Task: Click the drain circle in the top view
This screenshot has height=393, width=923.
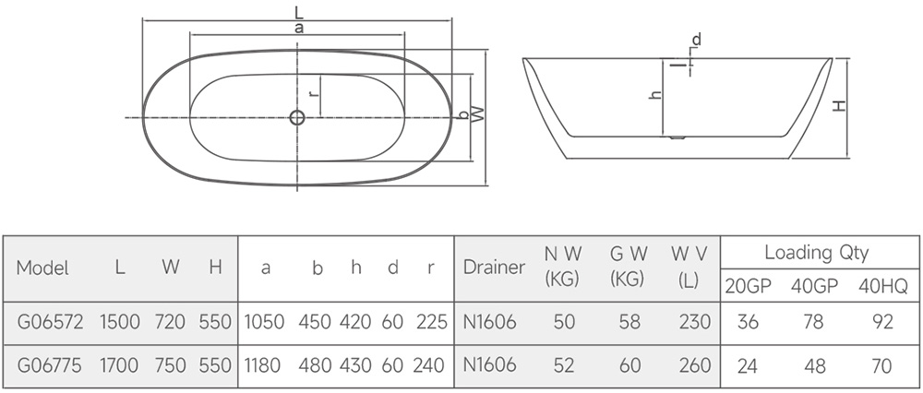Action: (x=297, y=118)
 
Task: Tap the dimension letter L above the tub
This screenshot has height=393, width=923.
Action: (x=301, y=12)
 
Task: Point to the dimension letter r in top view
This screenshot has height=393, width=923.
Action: (x=314, y=93)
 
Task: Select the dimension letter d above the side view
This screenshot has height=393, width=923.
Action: (x=696, y=40)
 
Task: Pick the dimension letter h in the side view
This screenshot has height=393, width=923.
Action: (x=655, y=95)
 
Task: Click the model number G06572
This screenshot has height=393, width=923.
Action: (x=50, y=322)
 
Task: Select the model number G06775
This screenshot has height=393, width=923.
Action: (x=50, y=365)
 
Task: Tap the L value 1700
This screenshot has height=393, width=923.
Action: (x=119, y=365)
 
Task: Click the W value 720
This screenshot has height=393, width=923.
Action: (x=170, y=322)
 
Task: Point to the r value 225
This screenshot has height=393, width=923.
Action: (x=431, y=322)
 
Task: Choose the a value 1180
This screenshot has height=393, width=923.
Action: (x=262, y=365)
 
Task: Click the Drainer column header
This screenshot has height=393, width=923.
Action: (x=494, y=268)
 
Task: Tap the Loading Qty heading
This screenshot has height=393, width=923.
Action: (x=816, y=253)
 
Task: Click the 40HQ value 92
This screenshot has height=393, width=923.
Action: (x=882, y=322)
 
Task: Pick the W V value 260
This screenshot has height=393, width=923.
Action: (x=695, y=365)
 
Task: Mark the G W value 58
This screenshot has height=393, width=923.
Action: (x=629, y=322)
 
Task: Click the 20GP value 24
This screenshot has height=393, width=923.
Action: (x=747, y=365)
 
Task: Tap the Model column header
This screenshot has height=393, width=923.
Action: (x=42, y=268)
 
